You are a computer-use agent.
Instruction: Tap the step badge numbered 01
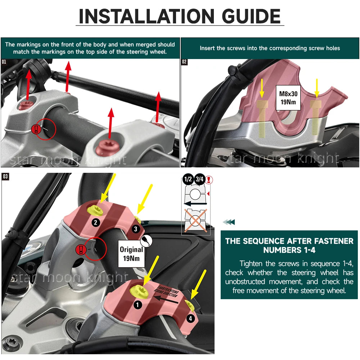[4, 62]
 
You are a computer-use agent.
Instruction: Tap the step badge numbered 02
[184, 62]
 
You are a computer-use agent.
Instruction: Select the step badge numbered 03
[5, 176]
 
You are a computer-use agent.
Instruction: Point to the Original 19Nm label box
[131, 253]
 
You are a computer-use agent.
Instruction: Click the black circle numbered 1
[137, 305]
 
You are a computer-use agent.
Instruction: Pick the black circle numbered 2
[96, 222]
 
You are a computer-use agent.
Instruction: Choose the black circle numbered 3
[135, 229]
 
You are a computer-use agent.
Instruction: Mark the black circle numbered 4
[190, 318]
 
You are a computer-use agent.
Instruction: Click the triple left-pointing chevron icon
[229, 222]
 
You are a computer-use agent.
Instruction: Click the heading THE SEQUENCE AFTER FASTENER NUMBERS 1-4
[289, 245]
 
